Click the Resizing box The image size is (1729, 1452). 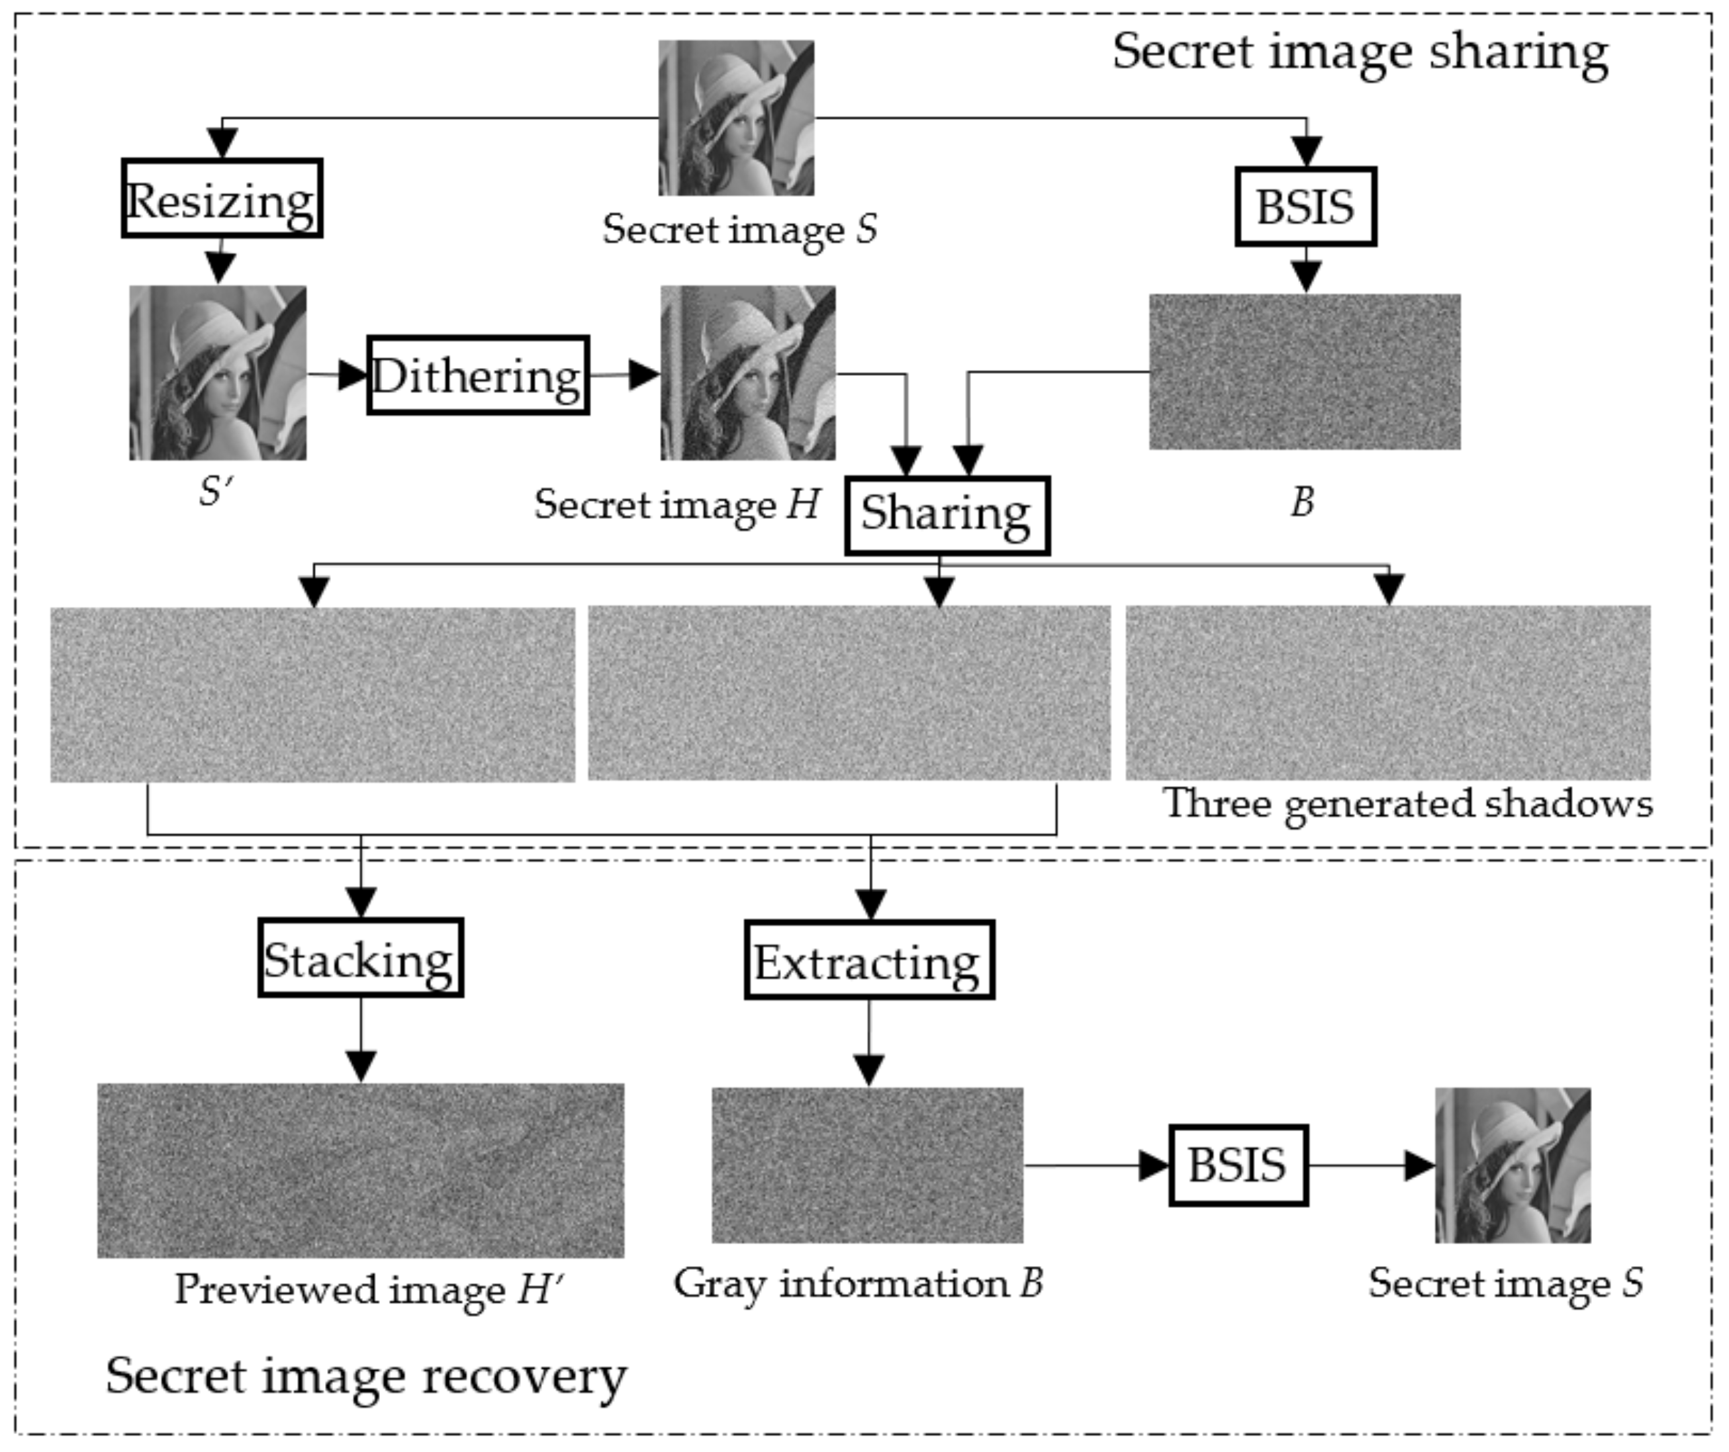click(222, 199)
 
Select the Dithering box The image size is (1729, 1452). click(477, 375)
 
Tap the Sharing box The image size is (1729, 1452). click(947, 516)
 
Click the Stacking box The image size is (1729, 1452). click(361, 958)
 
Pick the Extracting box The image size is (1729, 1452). click(869, 960)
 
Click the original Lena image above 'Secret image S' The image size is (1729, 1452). click(736, 118)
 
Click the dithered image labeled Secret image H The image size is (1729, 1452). click(747, 373)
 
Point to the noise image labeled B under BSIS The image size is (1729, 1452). click(1305, 371)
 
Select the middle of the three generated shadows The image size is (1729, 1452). click(849, 693)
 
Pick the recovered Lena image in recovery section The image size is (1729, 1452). click(1513, 1165)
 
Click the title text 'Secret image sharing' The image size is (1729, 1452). click(1360, 51)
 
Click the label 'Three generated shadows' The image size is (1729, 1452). click(1407, 803)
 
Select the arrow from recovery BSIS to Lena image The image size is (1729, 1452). click(1371, 1165)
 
